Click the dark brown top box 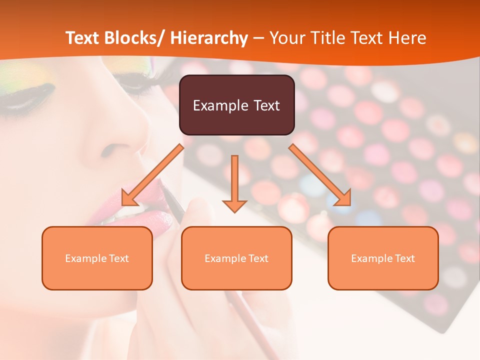tap(236, 105)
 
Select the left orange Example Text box tap(97, 258)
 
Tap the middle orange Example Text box tap(236, 258)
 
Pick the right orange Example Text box tap(383, 258)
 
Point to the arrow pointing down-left tap(152, 175)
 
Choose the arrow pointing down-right tap(320, 175)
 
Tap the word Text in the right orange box tap(403, 258)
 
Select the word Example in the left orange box tap(85, 258)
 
